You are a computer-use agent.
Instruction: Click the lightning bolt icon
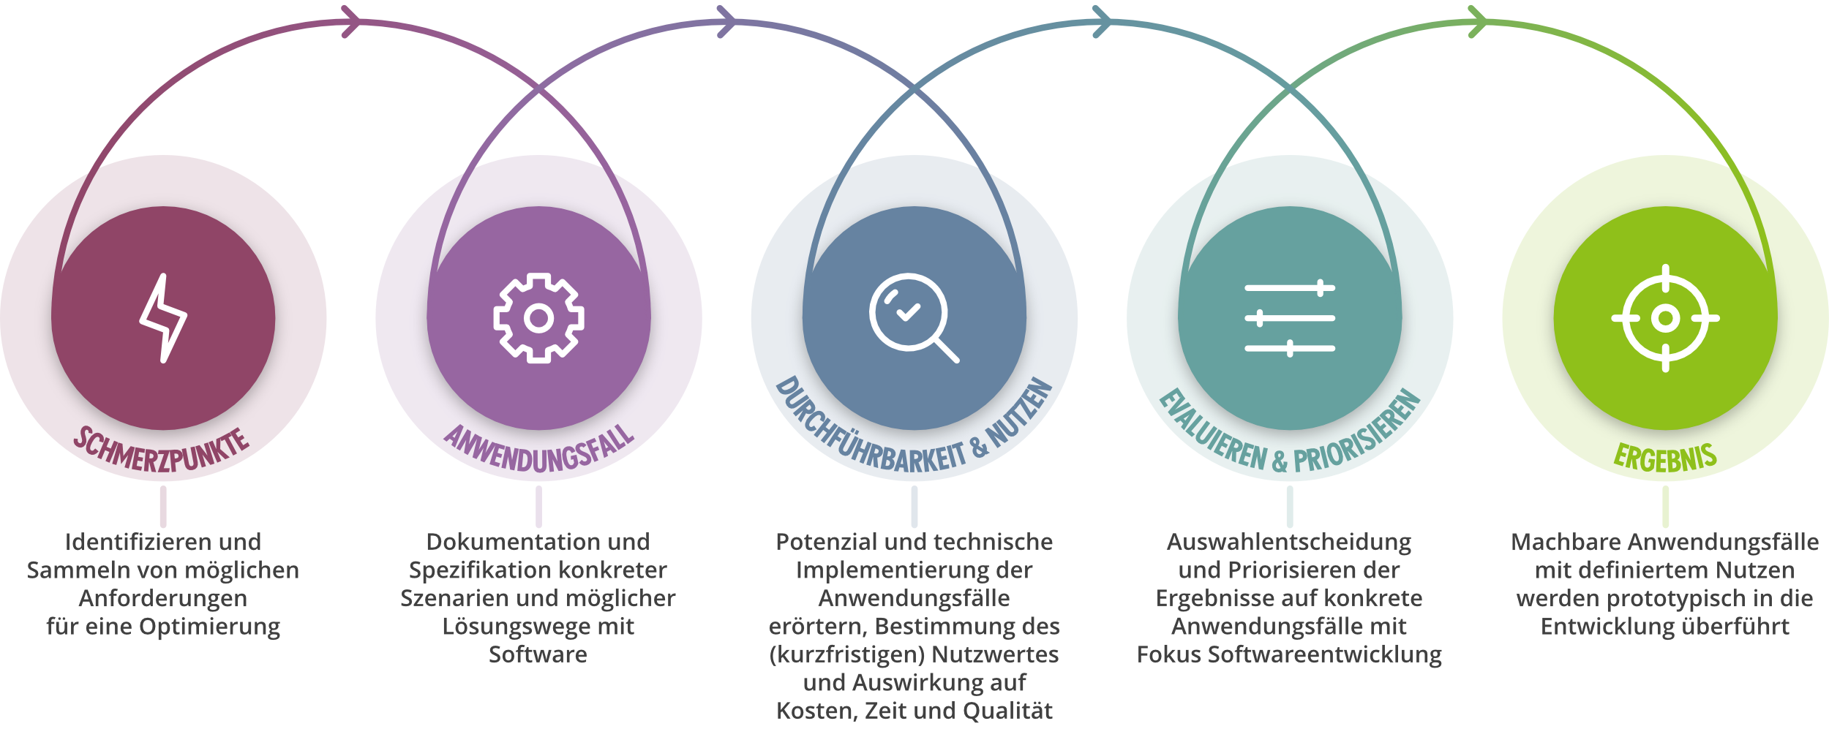coord(163,318)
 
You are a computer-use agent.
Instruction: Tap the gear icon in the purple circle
coord(538,318)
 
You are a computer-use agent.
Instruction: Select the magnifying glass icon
coord(913,317)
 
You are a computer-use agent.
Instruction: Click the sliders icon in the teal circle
coord(1290,318)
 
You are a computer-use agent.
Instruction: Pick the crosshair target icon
coord(1666,318)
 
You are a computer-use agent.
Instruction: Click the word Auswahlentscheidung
coord(1289,542)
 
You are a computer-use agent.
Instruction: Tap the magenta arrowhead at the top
coord(351,22)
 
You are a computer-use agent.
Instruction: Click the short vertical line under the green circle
coord(1666,506)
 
